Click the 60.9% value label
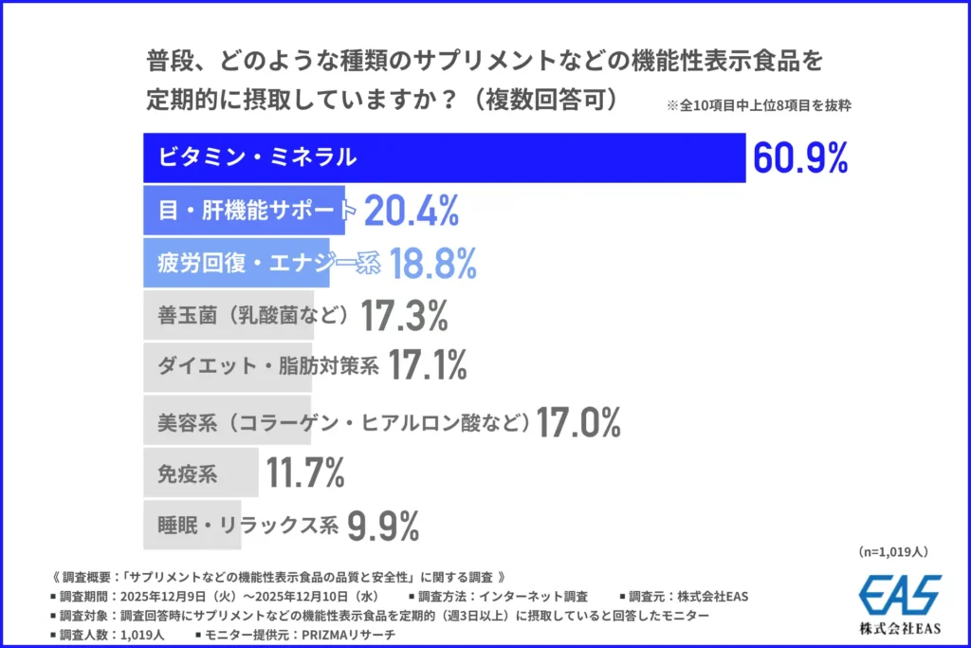pos(799,158)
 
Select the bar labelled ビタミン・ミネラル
pos(444,158)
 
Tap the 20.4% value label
pos(412,212)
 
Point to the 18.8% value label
pos(429,265)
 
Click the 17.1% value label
pos(428,365)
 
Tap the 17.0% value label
pos(578,421)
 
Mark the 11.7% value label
pos(305,472)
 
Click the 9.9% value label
pos(383,524)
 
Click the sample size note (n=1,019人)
pos(892,551)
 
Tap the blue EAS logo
pos(900,595)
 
